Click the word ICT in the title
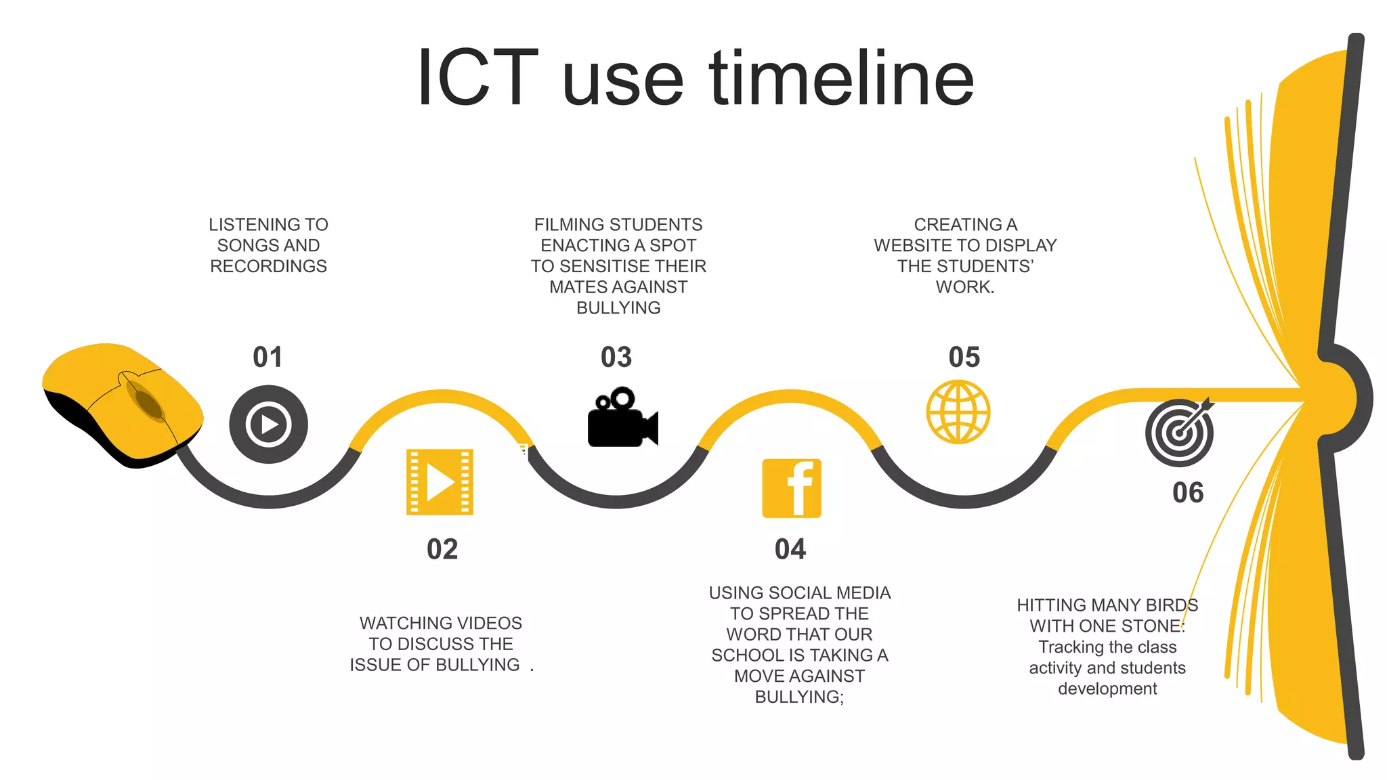[x=477, y=78]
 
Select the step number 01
[x=268, y=357]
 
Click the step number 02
[x=442, y=549]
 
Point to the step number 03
[x=616, y=357]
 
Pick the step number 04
[x=790, y=549]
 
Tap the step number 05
[x=964, y=357]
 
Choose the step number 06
[x=1188, y=492]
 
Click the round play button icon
[x=269, y=425]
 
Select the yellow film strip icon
[x=440, y=482]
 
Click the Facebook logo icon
[x=792, y=488]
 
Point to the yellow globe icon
[x=958, y=412]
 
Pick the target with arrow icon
[x=1180, y=432]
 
